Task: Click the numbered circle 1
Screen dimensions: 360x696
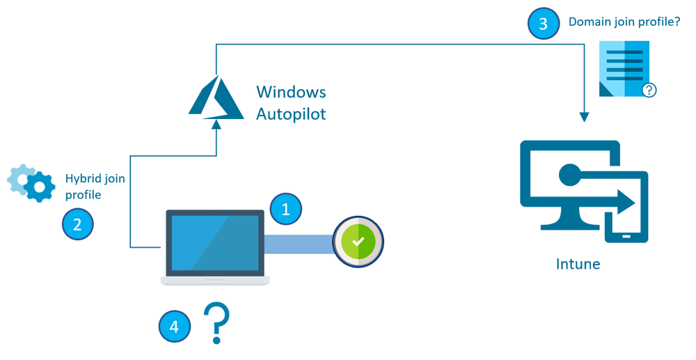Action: pos(285,209)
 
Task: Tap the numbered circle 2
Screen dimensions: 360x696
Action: pos(77,224)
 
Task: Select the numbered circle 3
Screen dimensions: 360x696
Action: pos(543,24)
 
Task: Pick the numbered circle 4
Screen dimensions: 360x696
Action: pos(174,326)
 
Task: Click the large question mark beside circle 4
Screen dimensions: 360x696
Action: pos(216,322)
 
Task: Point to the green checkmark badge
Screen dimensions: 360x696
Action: pos(358,242)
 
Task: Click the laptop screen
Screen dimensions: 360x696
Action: pos(214,242)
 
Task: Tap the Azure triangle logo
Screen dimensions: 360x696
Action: pos(215,97)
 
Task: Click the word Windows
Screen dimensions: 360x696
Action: pos(291,92)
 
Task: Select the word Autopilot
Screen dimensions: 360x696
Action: pos(291,114)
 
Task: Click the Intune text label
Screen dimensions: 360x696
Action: pos(578,264)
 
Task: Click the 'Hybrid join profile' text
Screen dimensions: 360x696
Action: pos(95,187)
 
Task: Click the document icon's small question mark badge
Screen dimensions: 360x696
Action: pos(649,90)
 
